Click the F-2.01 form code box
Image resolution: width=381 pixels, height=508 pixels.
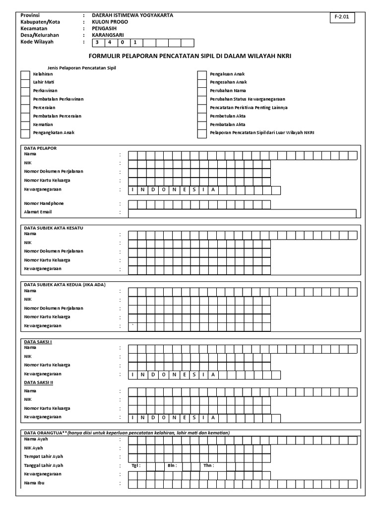(342, 17)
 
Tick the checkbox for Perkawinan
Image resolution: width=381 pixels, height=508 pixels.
(25, 91)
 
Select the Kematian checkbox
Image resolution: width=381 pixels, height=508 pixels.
(25, 125)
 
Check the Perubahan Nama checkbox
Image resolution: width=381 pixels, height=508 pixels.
(202, 91)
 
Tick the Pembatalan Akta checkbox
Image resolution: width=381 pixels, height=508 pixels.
(202, 125)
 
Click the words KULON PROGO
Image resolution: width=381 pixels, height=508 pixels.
(110, 22)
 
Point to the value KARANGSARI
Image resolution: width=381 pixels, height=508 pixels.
(108, 35)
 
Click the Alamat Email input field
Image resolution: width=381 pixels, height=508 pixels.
(242, 213)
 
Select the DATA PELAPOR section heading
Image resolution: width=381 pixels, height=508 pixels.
(41, 148)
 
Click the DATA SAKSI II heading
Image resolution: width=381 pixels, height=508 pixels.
(39, 382)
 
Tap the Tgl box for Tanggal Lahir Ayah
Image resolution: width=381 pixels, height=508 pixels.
(149, 466)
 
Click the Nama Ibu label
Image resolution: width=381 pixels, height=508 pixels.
(35, 482)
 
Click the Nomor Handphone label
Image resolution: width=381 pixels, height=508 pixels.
(44, 203)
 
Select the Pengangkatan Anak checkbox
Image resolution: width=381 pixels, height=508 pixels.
(25, 133)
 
